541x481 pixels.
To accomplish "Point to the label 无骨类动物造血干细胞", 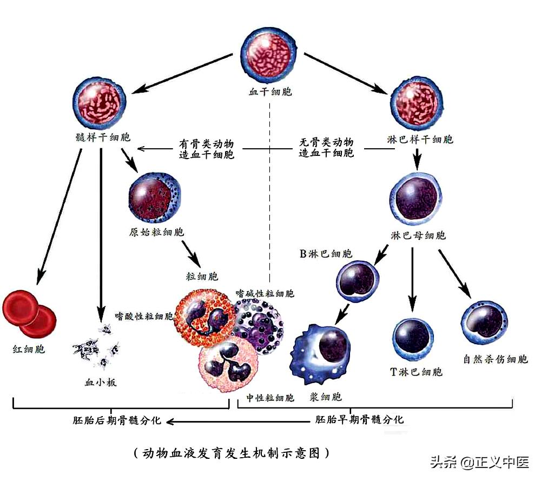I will [x=326, y=148].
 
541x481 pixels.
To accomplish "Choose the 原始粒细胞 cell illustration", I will [x=155, y=197].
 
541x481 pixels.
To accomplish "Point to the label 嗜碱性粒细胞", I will [x=265, y=293].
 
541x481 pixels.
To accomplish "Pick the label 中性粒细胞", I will [x=270, y=398].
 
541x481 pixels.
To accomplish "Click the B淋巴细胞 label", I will [x=326, y=253].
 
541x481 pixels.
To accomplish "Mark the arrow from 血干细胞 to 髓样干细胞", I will [x=184, y=72].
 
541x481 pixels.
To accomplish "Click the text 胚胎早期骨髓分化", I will [x=359, y=419].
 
